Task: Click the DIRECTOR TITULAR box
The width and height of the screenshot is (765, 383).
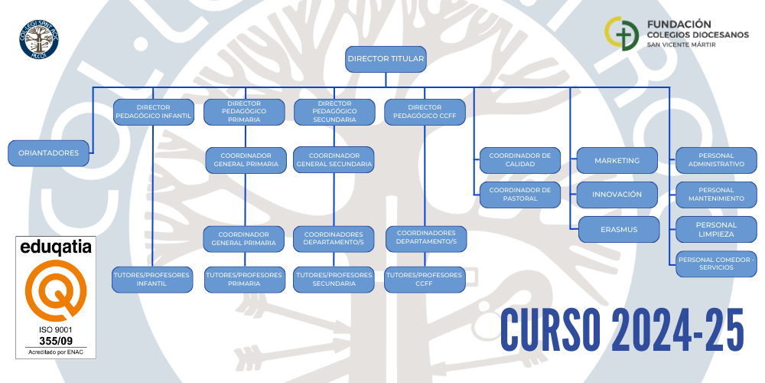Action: point(385,58)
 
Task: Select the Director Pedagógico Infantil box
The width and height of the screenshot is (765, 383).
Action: point(153,112)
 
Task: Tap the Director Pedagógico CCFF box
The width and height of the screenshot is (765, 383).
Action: point(425,112)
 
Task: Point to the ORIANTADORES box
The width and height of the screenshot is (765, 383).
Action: point(49,153)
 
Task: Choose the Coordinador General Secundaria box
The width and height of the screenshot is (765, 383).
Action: point(334,159)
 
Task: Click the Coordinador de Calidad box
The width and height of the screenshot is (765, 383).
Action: point(519,159)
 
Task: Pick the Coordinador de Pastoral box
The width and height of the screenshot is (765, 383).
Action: point(519,195)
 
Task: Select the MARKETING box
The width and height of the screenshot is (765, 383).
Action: point(617,160)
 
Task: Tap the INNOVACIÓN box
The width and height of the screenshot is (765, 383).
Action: point(617,195)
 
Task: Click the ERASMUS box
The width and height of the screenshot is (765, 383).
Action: point(618,229)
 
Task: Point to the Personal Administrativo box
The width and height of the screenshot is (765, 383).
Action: point(716,160)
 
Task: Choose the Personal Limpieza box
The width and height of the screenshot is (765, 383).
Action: point(716,229)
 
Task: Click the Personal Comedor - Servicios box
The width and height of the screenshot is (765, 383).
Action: point(716,264)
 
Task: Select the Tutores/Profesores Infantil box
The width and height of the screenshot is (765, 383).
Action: point(152,280)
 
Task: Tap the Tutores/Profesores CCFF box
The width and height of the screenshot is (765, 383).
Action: point(425,280)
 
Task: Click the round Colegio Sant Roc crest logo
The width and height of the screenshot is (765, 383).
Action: point(39,39)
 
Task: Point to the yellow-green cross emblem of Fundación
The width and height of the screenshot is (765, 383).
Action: point(620,34)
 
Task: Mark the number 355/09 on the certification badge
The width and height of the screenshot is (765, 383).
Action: point(55,340)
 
